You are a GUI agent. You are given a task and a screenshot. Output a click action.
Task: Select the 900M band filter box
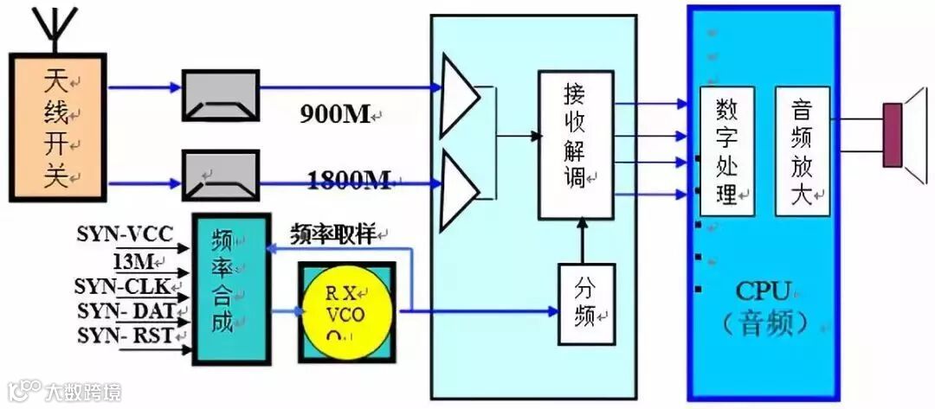(220, 96)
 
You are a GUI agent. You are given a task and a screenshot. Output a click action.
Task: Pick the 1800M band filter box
(220, 176)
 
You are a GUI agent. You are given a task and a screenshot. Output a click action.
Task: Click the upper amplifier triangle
(459, 96)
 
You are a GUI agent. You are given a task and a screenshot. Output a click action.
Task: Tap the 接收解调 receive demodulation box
(576, 144)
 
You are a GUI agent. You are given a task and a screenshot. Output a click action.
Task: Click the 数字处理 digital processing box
(727, 151)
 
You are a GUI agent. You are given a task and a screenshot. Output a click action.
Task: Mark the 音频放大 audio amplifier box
(802, 151)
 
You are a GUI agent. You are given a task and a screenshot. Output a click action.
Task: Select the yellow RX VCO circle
(345, 312)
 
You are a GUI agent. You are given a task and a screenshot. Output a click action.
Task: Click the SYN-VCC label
(125, 233)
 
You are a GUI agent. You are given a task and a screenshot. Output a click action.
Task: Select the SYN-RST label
(125, 336)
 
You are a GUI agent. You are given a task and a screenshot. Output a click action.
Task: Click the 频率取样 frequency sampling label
(334, 233)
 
